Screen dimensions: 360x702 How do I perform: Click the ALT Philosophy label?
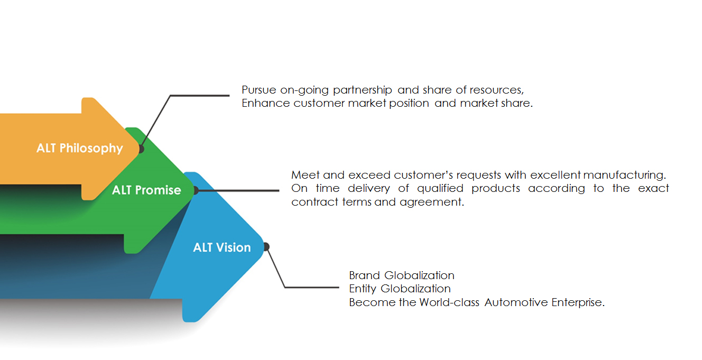pyautogui.click(x=79, y=148)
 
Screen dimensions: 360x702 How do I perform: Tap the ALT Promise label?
pyautogui.click(x=146, y=190)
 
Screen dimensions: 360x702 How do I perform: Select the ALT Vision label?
pyautogui.click(x=222, y=247)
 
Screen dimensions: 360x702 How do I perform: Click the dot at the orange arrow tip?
pyautogui.click(x=141, y=149)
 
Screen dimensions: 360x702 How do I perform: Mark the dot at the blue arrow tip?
pyautogui.click(x=266, y=246)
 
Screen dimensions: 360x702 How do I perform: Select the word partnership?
pyautogui.click(x=363, y=90)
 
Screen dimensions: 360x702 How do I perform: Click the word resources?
pyautogui.click(x=497, y=90)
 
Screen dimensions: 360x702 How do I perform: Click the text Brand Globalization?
pyautogui.click(x=402, y=275)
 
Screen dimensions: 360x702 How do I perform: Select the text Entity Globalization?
pyautogui.click(x=400, y=289)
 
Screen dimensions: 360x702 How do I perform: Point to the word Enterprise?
pyautogui.click(x=578, y=302)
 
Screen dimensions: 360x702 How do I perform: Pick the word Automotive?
pyautogui.click(x=516, y=302)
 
